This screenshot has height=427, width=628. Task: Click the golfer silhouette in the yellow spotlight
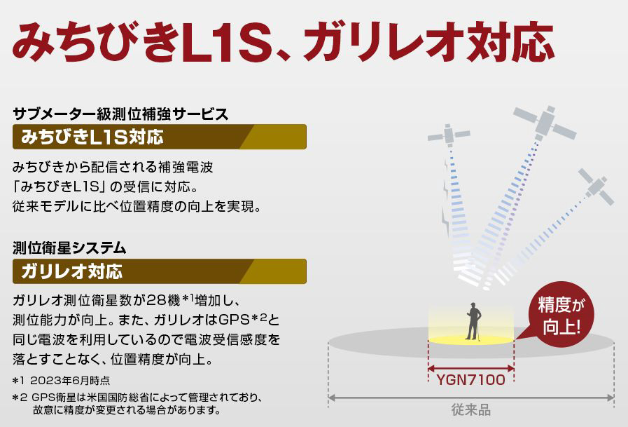pyautogui.click(x=474, y=321)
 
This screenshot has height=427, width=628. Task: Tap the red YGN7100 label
pyautogui.click(x=470, y=380)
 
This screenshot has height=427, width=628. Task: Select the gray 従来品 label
pyautogui.click(x=470, y=409)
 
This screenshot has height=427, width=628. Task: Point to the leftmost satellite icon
pyautogui.click(x=449, y=135)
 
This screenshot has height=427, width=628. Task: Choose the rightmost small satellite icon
pyautogui.click(x=596, y=187)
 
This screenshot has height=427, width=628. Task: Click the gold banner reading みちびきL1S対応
pyautogui.click(x=160, y=137)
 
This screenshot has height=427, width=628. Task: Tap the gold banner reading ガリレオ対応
pyautogui.click(x=160, y=271)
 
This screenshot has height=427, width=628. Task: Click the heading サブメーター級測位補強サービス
pyautogui.click(x=120, y=114)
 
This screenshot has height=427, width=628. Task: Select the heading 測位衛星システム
pyautogui.click(x=69, y=248)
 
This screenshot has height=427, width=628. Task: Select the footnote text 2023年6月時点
pyautogui.click(x=70, y=380)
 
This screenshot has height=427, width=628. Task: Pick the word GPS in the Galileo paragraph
pyautogui.click(x=235, y=320)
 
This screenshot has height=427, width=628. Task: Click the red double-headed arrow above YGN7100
pyautogui.click(x=471, y=369)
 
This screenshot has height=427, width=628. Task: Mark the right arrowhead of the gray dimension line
pyautogui.click(x=610, y=398)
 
